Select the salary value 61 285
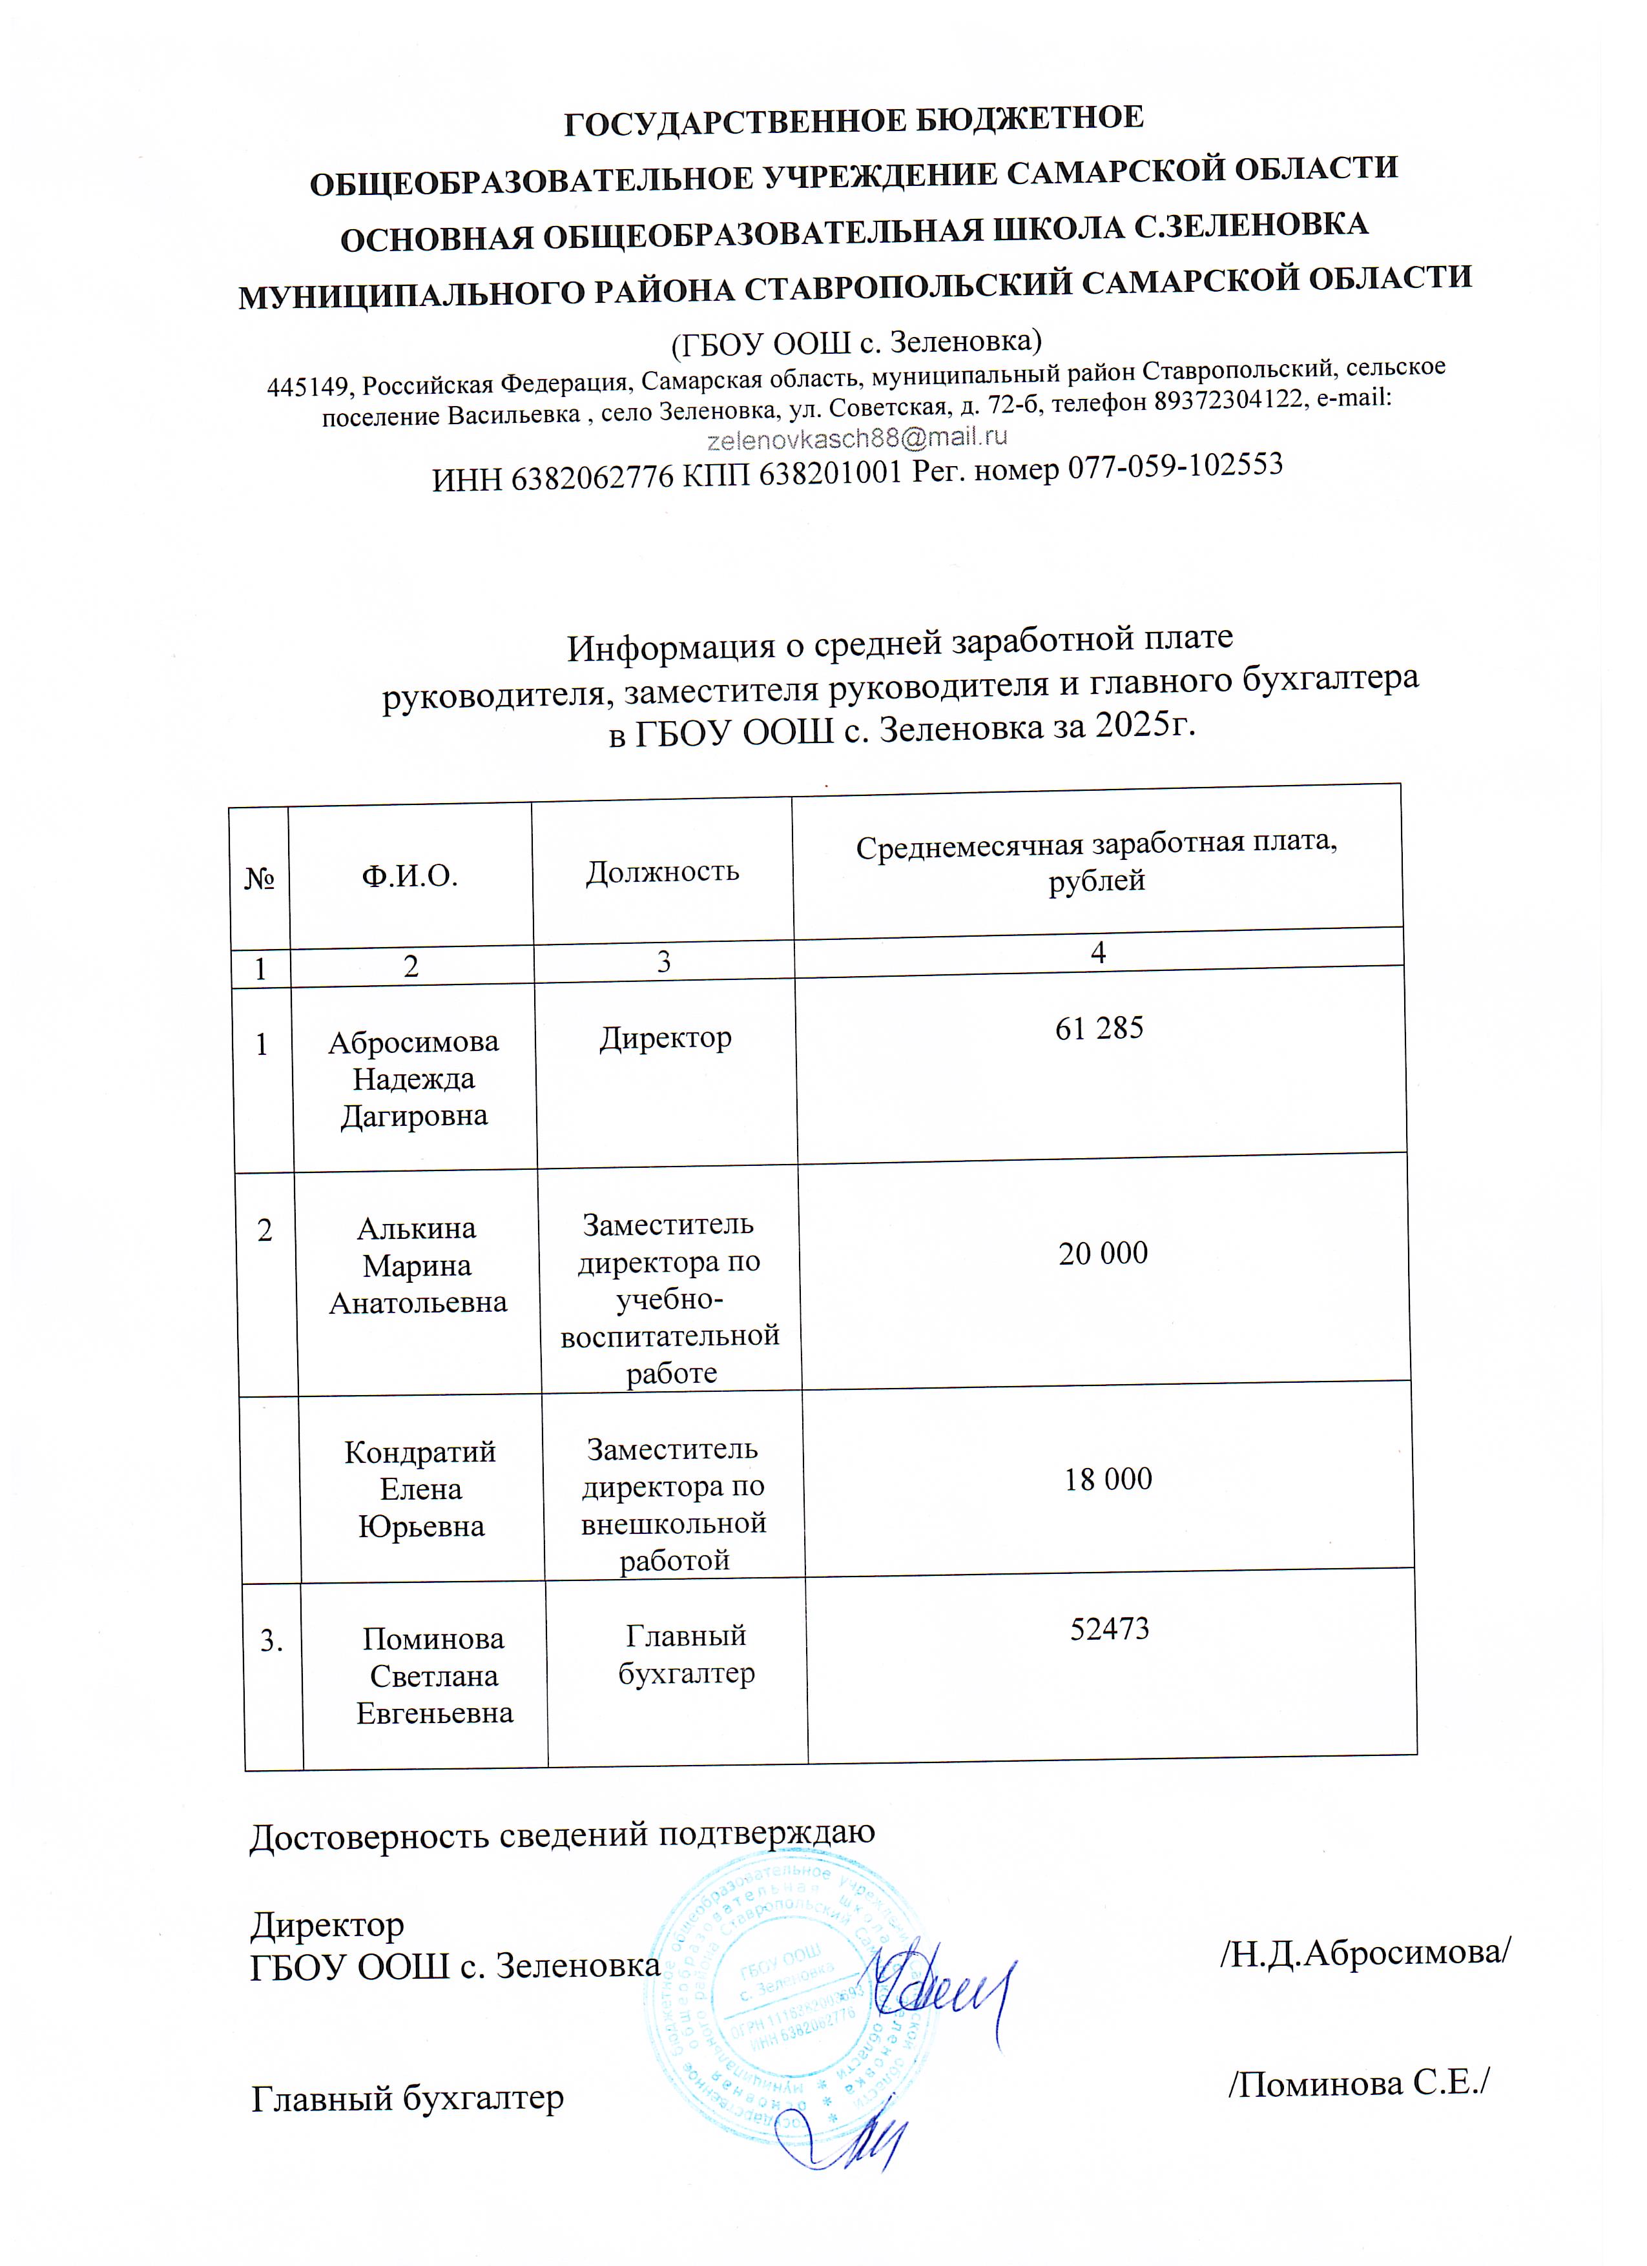[x=1099, y=1028]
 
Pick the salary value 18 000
[x=1107, y=1478]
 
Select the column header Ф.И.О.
[x=409, y=876]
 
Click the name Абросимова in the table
[x=413, y=1042]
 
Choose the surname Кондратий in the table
[x=420, y=1452]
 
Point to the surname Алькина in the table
[x=417, y=1228]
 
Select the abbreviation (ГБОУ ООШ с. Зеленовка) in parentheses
[x=856, y=343]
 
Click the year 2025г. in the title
[x=1145, y=724]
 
